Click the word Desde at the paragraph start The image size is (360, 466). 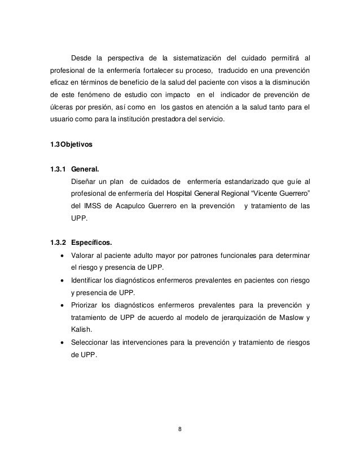(x=81, y=58)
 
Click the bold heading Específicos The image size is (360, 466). (x=91, y=243)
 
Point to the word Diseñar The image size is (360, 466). (x=83, y=180)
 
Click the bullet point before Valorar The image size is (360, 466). (x=61, y=256)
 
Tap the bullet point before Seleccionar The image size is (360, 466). (x=61, y=342)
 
